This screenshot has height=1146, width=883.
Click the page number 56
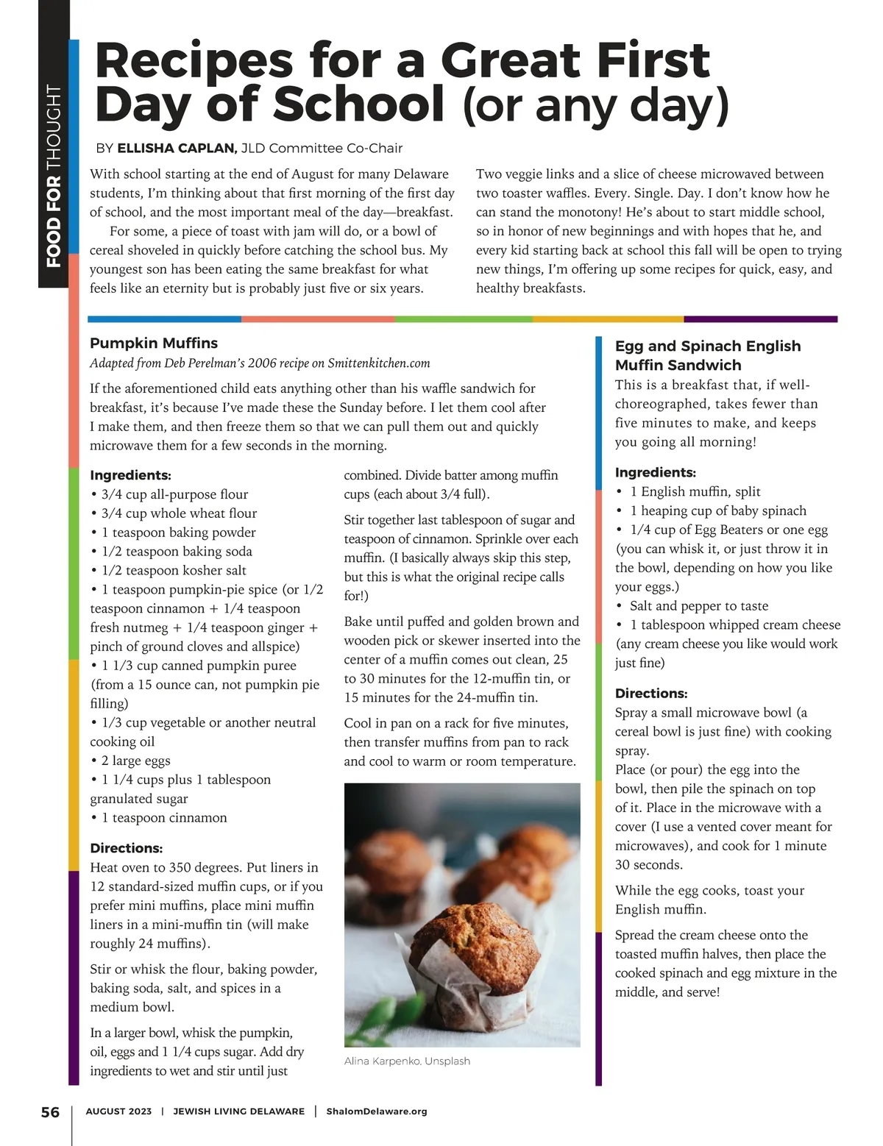[x=50, y=1111]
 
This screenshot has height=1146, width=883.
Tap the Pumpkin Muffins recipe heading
[x=154, y=343]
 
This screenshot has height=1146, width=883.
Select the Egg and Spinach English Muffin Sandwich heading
[x=707, y=355]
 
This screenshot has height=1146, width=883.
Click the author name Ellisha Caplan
[x=177, y=148]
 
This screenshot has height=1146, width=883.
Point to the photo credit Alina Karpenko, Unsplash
[x=407, y=1061]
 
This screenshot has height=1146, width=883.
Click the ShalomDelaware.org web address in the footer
[x=376, y=1111]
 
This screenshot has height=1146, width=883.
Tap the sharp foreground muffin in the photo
[x=469, y=956]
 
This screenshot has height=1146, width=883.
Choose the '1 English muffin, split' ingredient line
[x=695, y=491]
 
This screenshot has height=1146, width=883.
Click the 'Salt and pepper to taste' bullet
[x=698, y=605]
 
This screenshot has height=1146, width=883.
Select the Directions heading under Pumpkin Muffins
[x=126, y=848]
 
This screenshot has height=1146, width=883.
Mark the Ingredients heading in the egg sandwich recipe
[x=655, y=472]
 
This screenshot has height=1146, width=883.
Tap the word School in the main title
[x=359, y=104]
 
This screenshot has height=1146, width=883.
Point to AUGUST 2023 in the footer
[x=118, y=1111]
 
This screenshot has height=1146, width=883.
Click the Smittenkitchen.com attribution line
[x=260, y=363]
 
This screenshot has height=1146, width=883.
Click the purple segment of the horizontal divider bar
[x=760, y=319]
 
